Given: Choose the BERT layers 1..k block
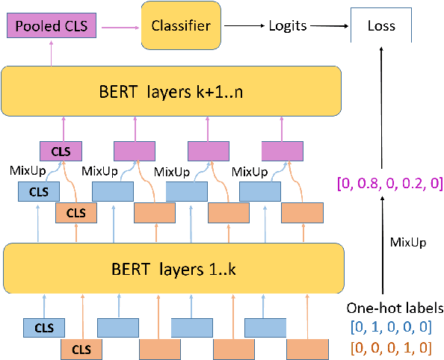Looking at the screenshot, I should tap(173, 266).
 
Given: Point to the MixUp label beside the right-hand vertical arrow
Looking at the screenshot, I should tap(408, 243).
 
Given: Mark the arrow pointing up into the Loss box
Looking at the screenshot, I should tap(381, 112).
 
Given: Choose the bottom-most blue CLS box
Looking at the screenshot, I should tap(43, 327).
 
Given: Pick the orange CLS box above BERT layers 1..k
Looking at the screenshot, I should tap(76, 212).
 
